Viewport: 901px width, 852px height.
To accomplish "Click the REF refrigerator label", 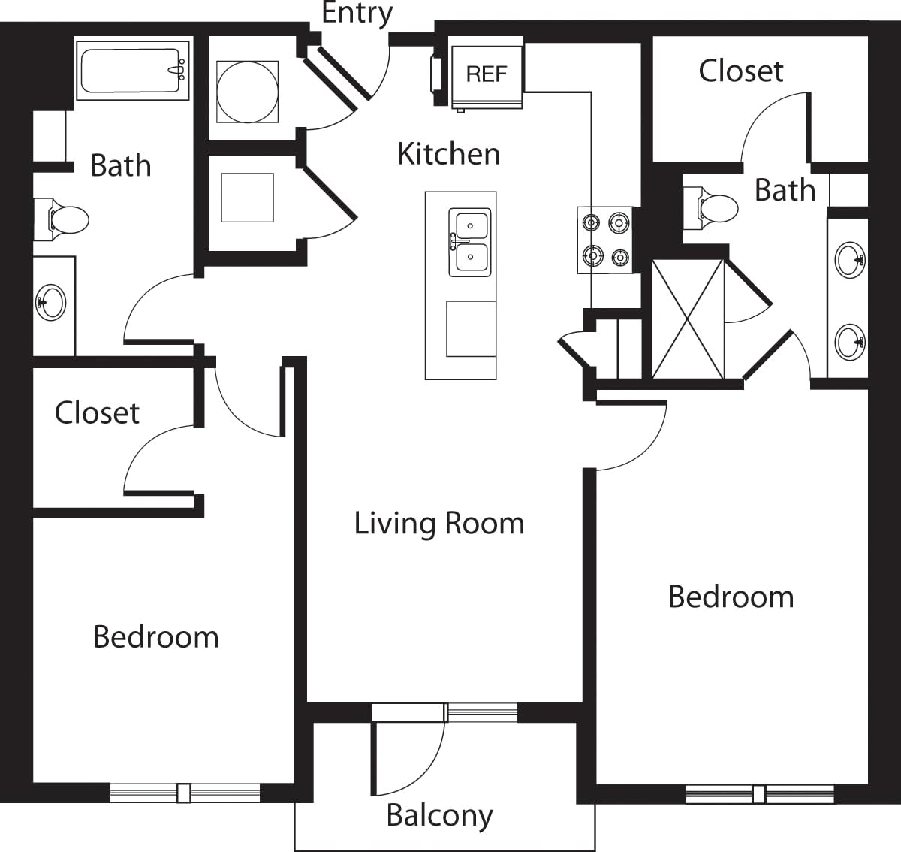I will point(487,74).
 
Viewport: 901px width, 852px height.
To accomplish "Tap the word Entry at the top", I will point(357,14).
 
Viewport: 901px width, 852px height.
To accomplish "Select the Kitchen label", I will point(448,154).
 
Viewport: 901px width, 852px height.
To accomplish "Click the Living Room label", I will point(439,524).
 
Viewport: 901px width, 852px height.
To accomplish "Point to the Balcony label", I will point(439,816).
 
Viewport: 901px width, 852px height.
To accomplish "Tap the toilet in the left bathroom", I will point(65,219).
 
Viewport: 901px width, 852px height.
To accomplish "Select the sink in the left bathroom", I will point(51,303).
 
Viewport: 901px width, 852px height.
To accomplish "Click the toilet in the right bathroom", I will point(715,207).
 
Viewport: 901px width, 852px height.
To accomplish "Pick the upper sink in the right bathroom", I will point(849,260).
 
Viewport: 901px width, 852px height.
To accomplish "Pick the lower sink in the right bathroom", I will point(849,342).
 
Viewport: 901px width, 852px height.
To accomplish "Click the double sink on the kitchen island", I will point(470,242).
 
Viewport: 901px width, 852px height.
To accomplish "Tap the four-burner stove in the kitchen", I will point(605,240).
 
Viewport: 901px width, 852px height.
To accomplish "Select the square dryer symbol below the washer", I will point(247,198).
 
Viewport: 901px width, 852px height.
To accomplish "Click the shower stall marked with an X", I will point(688,319).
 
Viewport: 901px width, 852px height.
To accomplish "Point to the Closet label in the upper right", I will point(740,71).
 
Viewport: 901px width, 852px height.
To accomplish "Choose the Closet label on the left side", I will point(97,412).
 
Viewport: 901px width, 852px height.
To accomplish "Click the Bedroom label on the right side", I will point(731,597).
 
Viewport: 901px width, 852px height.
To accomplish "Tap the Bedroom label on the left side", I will point(155,637).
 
